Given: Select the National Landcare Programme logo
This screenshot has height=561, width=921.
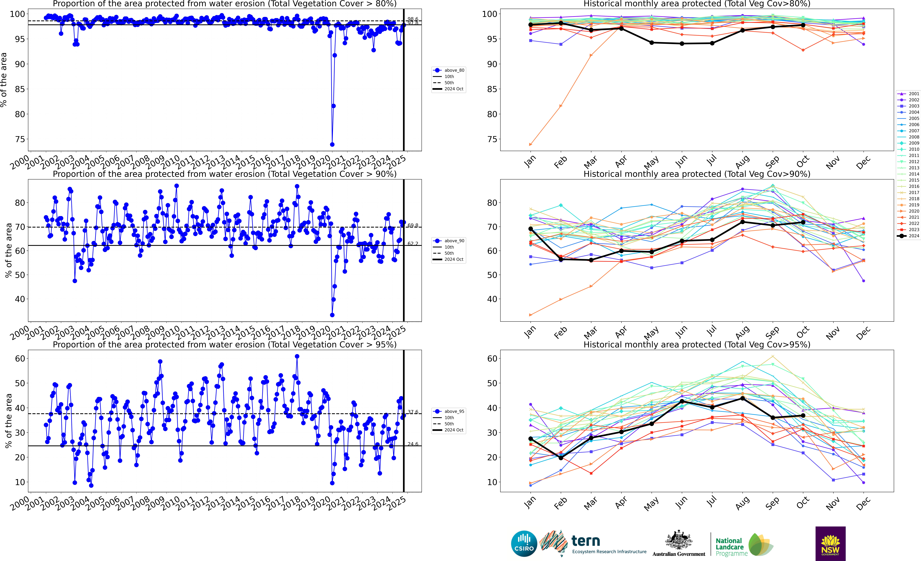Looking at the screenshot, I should pos(744,545).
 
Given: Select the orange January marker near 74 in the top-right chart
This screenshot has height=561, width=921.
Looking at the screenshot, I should pos(530,144).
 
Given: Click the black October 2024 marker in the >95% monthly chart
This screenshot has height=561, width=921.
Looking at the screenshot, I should pos(803,416).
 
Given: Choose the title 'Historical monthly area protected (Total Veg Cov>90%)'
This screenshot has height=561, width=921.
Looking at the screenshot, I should pos(697,174).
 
